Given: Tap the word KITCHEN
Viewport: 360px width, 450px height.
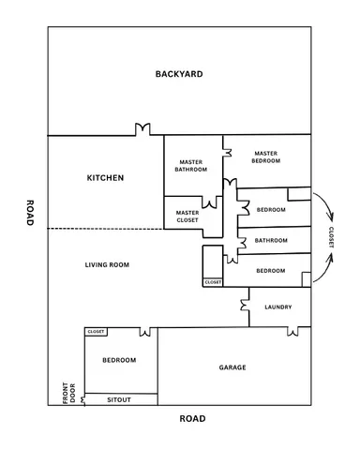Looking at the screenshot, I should pos(105,177).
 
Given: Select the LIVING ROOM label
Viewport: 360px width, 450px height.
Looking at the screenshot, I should pos(107,264).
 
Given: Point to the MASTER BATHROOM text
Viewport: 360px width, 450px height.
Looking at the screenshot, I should pos(191,165).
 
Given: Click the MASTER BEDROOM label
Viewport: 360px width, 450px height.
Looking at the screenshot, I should pos(265,157).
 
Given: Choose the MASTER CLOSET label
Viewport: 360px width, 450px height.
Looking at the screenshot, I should pos(187,216).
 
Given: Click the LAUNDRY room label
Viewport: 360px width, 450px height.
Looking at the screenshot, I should pos(278,307).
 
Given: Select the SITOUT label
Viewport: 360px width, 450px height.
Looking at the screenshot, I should pos(119,399).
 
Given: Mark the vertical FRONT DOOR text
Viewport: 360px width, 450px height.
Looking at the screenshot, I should pos(67,392).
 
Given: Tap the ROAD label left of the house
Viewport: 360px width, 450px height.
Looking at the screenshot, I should pos(30,213).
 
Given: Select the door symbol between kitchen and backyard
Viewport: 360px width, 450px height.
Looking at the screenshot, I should pos(143,129).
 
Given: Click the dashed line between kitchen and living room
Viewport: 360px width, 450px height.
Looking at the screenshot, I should pos(105,229).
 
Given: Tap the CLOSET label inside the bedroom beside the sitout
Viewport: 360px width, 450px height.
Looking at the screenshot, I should pos(96,332).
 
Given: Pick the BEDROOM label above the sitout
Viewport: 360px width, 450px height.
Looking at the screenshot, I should pos(119,360).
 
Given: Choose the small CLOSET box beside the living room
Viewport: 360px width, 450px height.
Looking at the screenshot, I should pos(212,281).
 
